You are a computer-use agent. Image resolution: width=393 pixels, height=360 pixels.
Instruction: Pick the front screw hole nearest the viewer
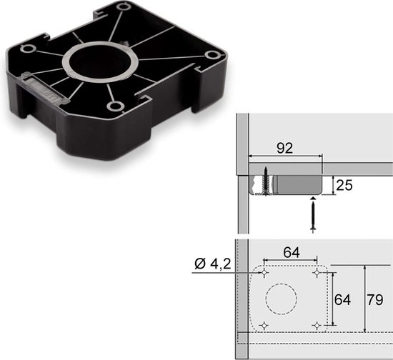(114, 106)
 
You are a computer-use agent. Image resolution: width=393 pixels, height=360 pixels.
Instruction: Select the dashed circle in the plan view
(282, 300)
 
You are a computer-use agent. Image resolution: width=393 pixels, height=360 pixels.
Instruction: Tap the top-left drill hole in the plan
(264, 274)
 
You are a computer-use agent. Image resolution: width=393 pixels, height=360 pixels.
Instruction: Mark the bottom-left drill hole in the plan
(264, 326)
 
